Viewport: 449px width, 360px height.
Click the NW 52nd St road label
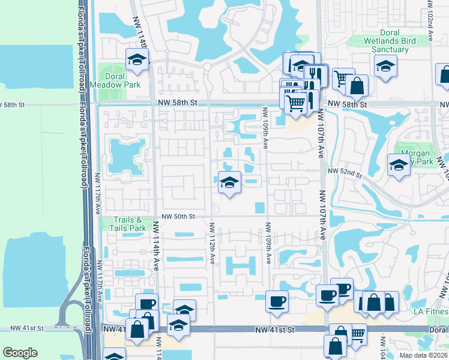click(x=345, y=173)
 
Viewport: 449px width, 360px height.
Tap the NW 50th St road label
click(x=178, y=216)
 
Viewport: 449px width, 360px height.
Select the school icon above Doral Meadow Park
click(x=137, y=59)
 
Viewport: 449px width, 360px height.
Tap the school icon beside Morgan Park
click(x=399, y=165)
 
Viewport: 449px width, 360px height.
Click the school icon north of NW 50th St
click(x=229, y=182)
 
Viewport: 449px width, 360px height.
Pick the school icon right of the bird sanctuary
click(x=385, y=65)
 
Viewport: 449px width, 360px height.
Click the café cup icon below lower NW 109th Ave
click(x=277, y=301)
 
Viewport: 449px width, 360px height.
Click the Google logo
click(x=20, y=353)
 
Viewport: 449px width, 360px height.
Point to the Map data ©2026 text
click(x=424, y=355)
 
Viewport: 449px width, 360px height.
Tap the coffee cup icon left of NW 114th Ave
click(x=146, y=304)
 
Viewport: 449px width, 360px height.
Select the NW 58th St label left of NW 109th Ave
click(x=178, y=103)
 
